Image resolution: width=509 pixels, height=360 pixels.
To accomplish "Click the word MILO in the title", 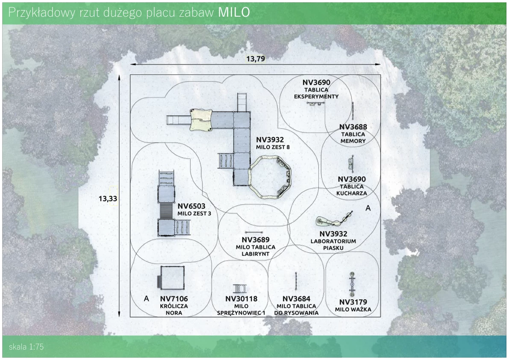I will tap(234, 12).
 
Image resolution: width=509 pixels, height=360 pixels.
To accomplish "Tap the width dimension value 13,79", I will tap(256, 59).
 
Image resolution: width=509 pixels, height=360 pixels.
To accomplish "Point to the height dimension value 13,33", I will tap(107, 198).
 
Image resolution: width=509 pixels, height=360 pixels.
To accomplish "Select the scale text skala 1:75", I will tap(26, 347).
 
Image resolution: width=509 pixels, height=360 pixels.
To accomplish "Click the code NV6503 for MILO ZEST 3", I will tap(191, 206).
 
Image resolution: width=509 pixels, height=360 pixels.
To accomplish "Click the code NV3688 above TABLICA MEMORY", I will tap(353, 127).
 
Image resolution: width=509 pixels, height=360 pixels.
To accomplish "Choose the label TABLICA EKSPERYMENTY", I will tap(316, 93).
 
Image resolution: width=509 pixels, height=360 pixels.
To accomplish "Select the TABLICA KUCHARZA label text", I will tap(352, 190).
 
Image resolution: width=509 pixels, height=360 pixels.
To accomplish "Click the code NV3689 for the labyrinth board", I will tap(256, 240).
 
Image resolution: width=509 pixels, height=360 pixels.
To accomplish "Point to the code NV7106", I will tap(174, 298).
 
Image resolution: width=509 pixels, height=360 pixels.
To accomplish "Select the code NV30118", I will tap(241, 299).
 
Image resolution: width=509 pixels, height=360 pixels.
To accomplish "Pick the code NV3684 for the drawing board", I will tap(296, 299).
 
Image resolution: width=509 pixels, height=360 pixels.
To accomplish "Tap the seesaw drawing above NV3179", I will tap(352, 284).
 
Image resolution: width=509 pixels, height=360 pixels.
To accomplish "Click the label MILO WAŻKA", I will tap(353, 310).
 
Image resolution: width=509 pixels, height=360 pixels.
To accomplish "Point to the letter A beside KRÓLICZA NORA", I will tap(146, 298).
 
